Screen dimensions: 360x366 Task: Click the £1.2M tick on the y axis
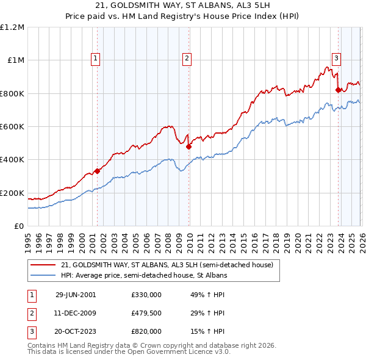tap(13, 27)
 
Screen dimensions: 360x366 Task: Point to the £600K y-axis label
tap(13, 127)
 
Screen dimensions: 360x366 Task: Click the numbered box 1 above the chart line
tap(96, 59)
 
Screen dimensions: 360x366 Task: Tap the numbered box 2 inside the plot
tap(186, 59)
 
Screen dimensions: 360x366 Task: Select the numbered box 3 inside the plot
tap(336, 59)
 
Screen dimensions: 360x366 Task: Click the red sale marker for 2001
tap(97, 171)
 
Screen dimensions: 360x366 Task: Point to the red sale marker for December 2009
tap(188, 146)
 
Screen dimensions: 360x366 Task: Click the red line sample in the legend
tap(43, 265)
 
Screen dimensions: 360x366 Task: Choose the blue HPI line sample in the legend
tap(43, 276)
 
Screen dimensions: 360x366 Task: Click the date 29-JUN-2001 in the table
tap(76, 294)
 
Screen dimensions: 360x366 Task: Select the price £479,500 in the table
tap(146, 313)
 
